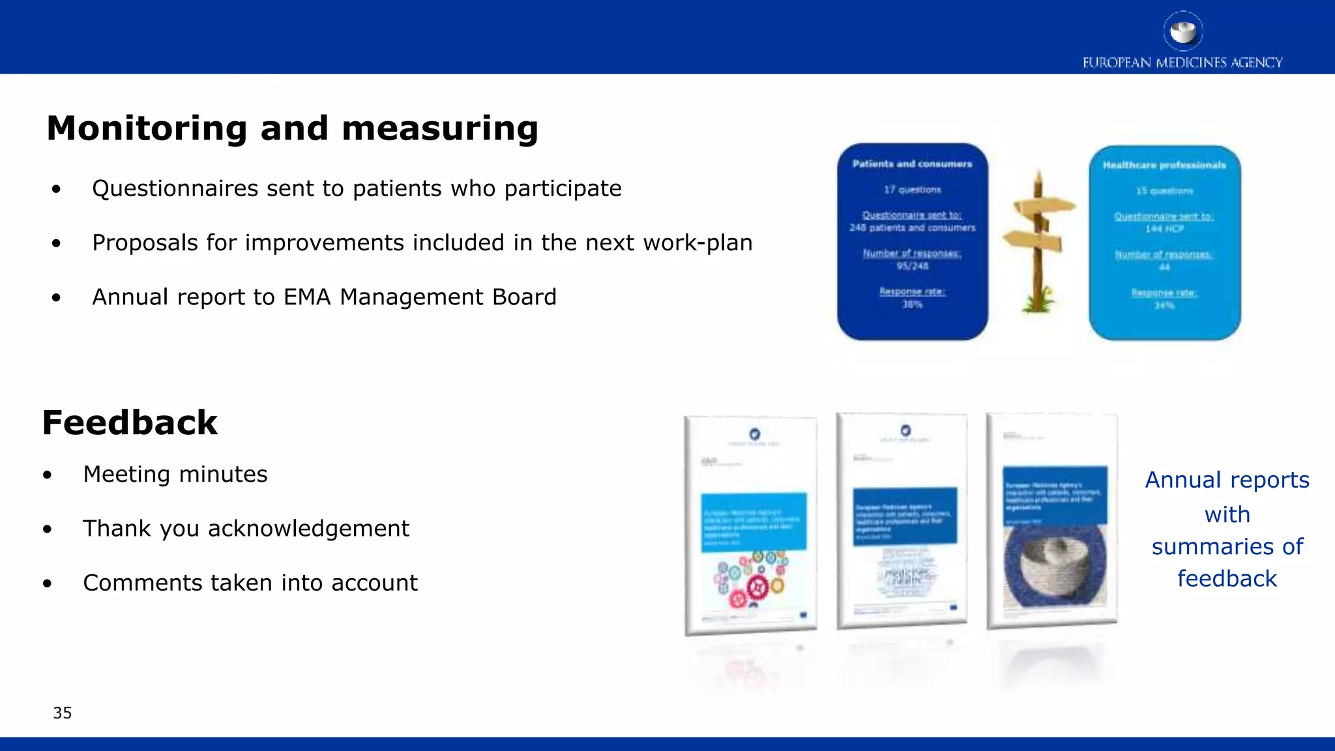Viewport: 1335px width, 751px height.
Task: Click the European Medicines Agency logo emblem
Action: [1182, 31]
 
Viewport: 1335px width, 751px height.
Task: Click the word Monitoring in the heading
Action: [147, 128]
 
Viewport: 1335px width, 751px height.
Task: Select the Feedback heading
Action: [130, 423]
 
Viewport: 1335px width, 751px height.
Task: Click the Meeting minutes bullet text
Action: [175, 475]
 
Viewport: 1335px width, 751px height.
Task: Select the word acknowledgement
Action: [308, 529]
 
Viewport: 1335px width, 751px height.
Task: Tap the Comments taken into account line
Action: [250, 583]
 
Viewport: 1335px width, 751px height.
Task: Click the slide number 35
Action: [63, 713]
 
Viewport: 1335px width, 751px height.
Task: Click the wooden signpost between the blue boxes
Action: [1038, 242]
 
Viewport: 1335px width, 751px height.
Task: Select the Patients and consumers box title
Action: [912, 164]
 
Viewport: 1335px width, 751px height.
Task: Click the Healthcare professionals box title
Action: [1164, 166]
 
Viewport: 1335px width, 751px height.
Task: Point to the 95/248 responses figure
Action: [912, 266]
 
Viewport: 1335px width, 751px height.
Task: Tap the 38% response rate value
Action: [912, 304]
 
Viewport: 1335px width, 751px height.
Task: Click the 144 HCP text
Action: [1164, 229]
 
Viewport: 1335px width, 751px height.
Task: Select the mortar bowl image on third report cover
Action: [1054, 564]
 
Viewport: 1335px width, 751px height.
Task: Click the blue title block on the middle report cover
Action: [905, 516]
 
